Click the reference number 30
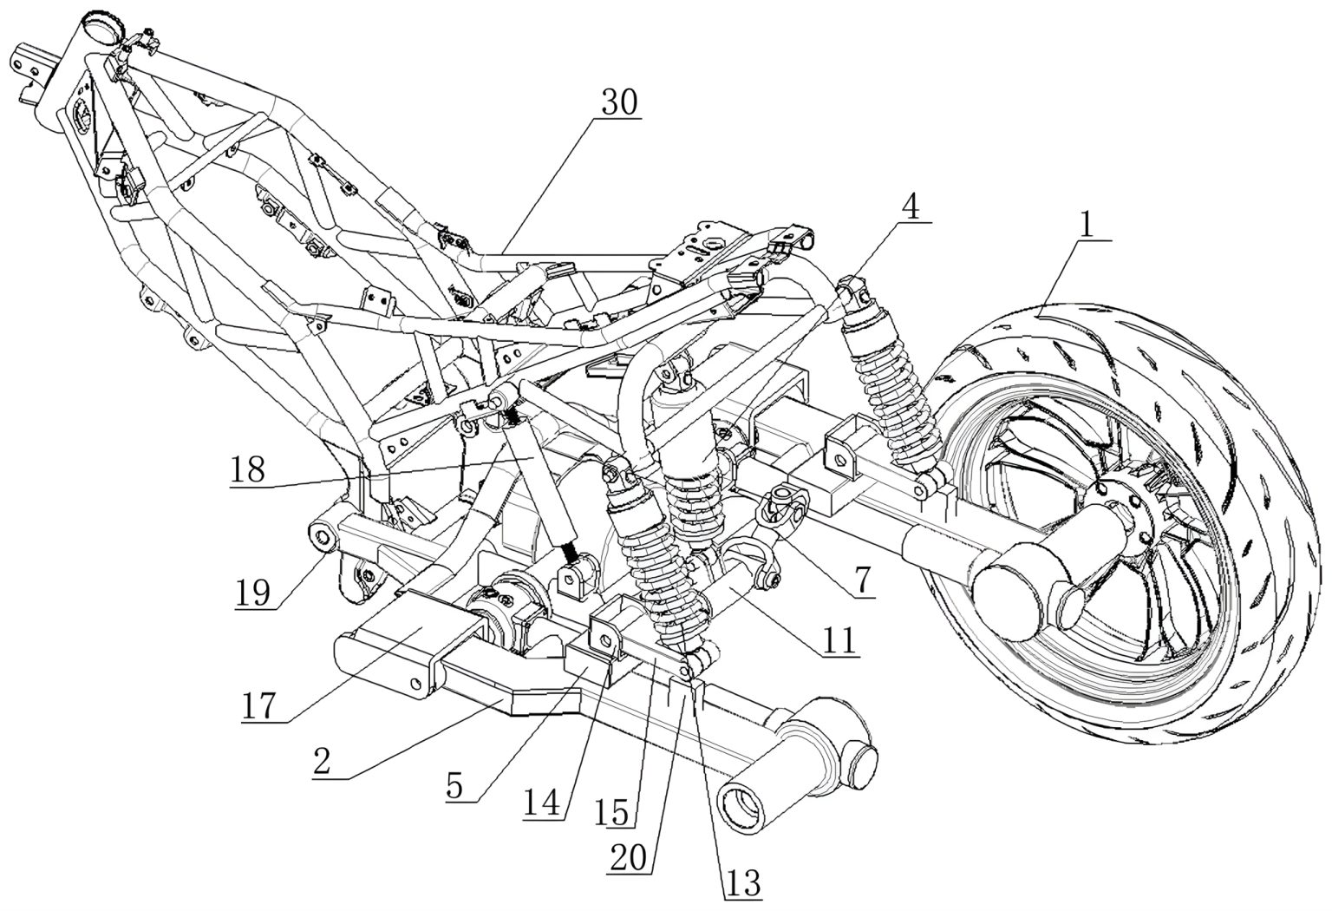tap(618, 102)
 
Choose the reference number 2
tap(322, 761)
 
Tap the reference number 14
tap(543, 801)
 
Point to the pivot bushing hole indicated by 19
tap(323, 538)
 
